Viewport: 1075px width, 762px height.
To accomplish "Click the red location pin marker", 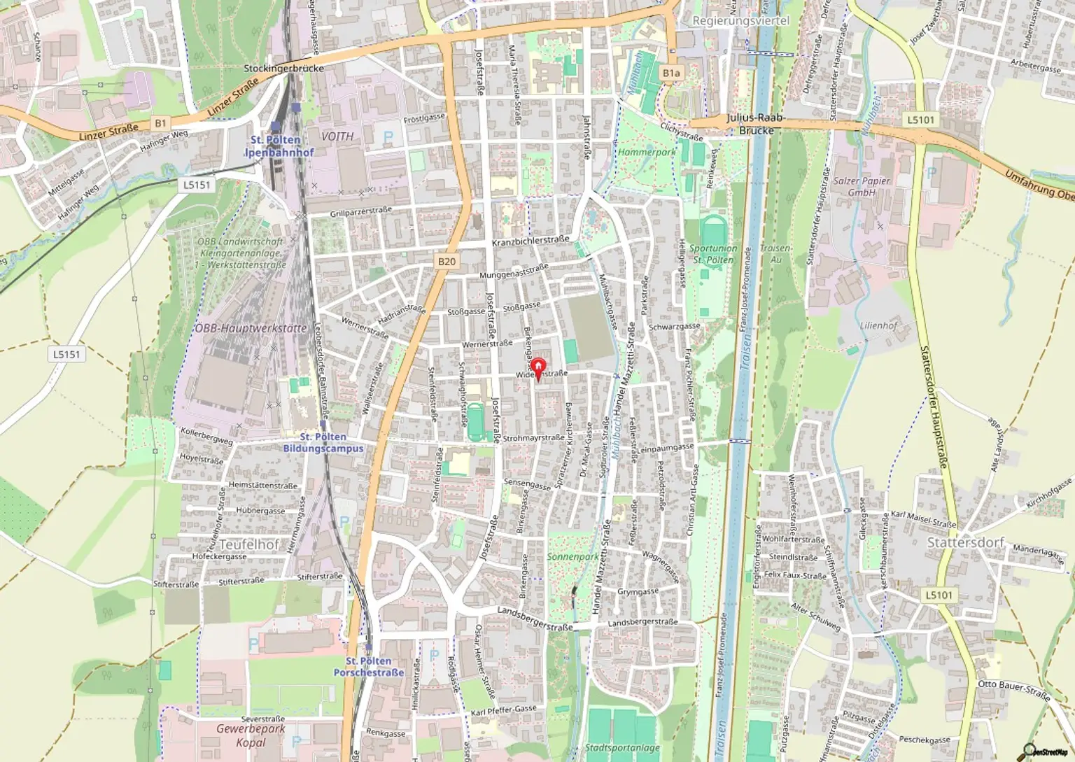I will [x=537, y=368].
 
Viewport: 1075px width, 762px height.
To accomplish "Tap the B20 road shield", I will [x=447, y=262].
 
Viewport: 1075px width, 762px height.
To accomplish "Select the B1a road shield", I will [x=670, y=73].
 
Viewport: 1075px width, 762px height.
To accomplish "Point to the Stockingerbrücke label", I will [x=283, y=69].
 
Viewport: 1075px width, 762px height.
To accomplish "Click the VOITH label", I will [x=337, y=136].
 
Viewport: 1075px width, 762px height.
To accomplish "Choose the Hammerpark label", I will [x=647, y=152].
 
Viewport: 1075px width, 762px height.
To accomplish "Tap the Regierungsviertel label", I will [x=740, y=21].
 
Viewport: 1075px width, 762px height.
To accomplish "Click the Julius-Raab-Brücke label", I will [x=754, y=125].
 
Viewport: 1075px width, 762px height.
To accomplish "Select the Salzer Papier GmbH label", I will [x=862, y=186].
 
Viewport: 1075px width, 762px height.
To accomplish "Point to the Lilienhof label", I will [x=878, y=326].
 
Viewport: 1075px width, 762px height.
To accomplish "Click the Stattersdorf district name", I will [x=965, y=542].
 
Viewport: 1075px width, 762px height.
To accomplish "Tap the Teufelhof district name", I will [x=249, y=544].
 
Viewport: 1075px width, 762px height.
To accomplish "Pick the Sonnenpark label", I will [x=572, y=557].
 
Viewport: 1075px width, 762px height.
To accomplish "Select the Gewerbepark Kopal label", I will [x=251, y=735].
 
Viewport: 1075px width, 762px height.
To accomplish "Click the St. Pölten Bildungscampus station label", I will [x=323, y=442].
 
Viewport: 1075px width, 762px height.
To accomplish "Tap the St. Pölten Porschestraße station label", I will [x=369, y=667].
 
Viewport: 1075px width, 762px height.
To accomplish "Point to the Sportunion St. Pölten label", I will [x=712, y=254].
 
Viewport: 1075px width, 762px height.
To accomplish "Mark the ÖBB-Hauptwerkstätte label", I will [x=251, y=328].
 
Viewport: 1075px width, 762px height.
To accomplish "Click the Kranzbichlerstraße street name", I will [x=531, y=241].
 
